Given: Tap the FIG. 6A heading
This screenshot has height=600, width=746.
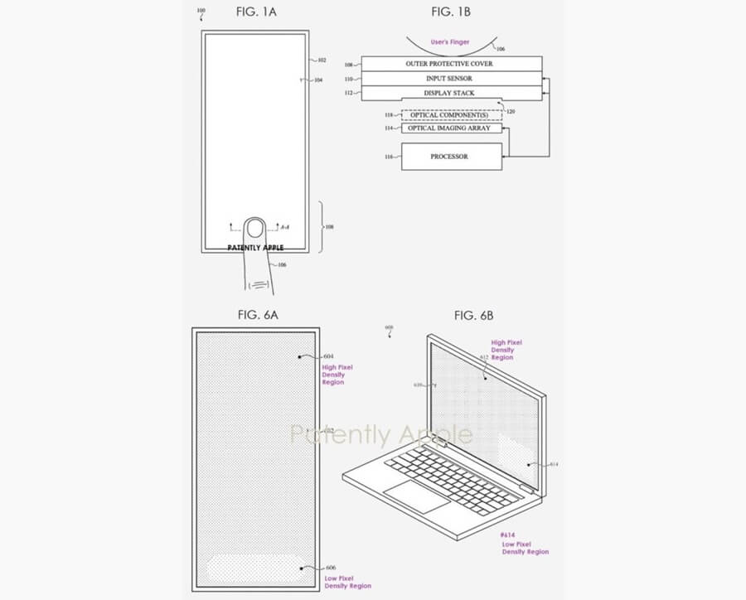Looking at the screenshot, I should (x=258, y=315).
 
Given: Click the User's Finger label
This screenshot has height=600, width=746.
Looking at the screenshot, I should (x=449, y=41).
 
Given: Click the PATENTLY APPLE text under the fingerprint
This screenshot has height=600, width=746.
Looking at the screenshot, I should (x=255, y=247).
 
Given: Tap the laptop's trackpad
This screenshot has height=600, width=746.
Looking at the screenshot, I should (x=417, y=496).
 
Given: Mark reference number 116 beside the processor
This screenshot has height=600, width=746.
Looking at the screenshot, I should (x=389, y=157).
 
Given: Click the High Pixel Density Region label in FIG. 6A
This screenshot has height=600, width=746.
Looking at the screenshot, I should (x=333, y=374).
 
